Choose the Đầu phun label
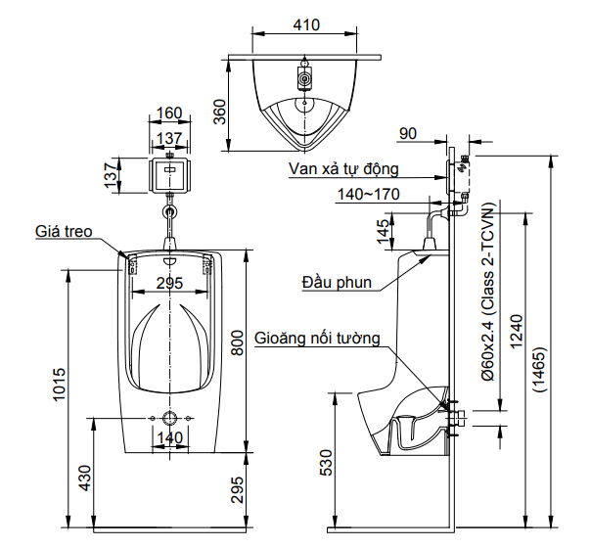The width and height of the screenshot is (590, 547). tap(336, 284)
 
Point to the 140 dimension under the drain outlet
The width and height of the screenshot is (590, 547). tap(170, 437)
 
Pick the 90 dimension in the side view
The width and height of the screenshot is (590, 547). tap(408, 134)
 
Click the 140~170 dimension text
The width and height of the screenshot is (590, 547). tap(368, 195)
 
